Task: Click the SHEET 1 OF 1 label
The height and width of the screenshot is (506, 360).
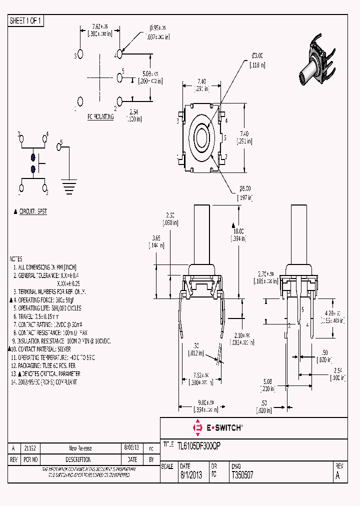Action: point(26,21)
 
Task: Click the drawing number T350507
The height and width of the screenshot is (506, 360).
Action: point(242,475)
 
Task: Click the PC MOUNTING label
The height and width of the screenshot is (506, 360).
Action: point(100,116)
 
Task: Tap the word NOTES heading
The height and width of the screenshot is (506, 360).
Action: point(16,259)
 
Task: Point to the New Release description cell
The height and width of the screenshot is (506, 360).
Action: point(80,448)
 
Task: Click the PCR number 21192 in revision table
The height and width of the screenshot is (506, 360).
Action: point(30,448)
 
